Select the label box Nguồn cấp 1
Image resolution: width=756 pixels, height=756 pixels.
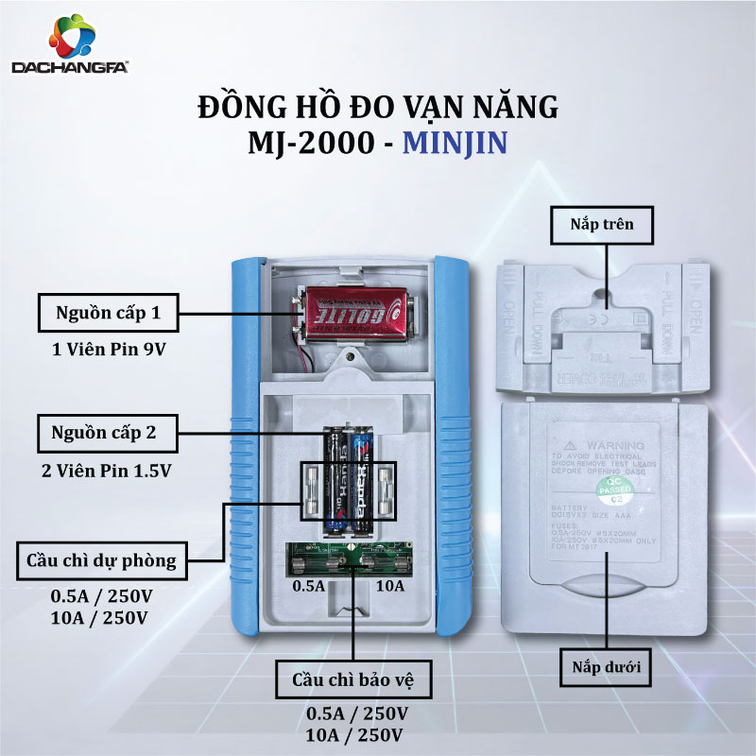tap(108, 310)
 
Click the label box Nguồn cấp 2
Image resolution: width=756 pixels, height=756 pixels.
tap(108, 434)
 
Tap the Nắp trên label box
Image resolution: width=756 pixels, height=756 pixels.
tap(602, 224)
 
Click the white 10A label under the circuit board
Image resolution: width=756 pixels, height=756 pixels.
tap(389, 587)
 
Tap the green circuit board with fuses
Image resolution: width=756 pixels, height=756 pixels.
tap(351, 558)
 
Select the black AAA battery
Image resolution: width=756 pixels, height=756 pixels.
tap(336, 482)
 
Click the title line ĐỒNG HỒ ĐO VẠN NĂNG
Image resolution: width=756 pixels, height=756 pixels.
tap(378, 105)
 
